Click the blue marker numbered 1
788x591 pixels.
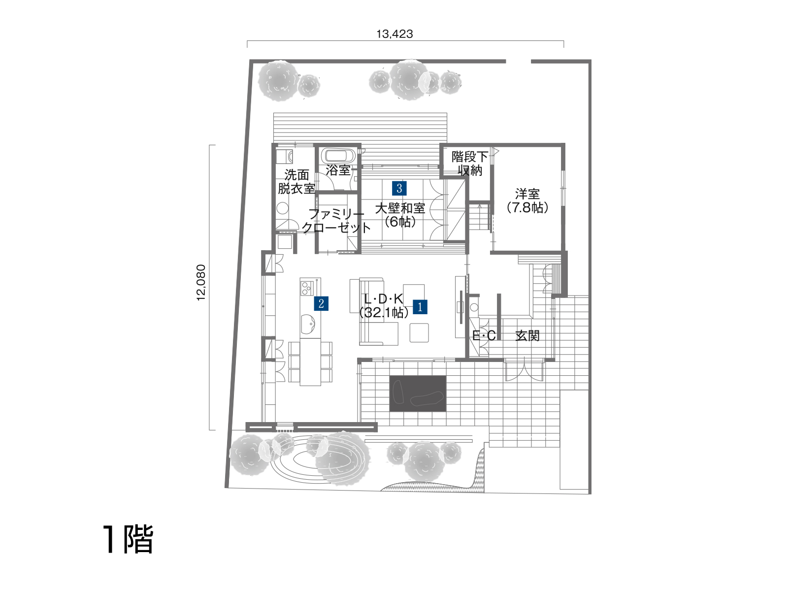tap(420, 307)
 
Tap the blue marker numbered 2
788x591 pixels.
tap(321, 303)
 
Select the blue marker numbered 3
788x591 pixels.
tap(399, 189)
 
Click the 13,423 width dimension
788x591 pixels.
tap(394, 34)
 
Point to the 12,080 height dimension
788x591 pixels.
tap(201, 282)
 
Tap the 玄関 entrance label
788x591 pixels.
tap(527, 336)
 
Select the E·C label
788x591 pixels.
tap(484, 336)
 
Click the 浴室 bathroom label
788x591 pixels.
tap(338, 170)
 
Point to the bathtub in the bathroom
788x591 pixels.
tap(340, 156)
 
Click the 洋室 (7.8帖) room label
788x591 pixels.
tap(527, 201)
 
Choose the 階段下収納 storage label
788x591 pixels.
tap(469, 164)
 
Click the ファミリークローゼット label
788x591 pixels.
tap(336, 221)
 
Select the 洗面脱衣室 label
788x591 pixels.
tap(296, 182)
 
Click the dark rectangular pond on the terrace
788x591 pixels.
tap(418, 394)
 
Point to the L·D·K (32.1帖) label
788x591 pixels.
tap(384, 306)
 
